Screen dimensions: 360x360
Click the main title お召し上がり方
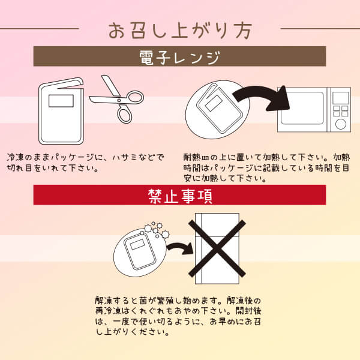(179, 29)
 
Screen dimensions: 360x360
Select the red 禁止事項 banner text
(179, 196)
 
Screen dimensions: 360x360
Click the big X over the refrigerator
(217, 250)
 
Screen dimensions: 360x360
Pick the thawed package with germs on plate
(139, 251)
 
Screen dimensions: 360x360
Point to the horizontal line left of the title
(41, 28)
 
